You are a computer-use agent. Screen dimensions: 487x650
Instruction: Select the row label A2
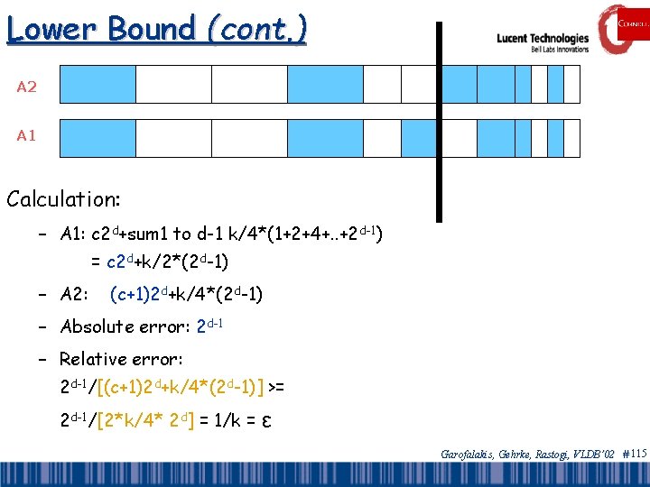(x=27, y=87)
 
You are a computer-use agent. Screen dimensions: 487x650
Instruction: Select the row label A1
(x=27, y=135)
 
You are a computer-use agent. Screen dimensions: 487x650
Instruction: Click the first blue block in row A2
(x=97, y=84)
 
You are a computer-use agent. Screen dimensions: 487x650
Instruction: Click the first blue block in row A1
(x=97, y=138)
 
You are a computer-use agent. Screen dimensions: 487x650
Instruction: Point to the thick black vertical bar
(x=440, y=122)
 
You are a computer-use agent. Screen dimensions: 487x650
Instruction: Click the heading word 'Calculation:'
(x=64, y=197)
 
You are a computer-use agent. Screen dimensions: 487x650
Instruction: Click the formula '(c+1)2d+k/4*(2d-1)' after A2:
(x=186, y=293)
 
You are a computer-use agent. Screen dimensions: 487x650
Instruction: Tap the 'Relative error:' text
(x=121, y=358)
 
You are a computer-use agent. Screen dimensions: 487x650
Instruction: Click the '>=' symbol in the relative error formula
(x=276, y=388)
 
